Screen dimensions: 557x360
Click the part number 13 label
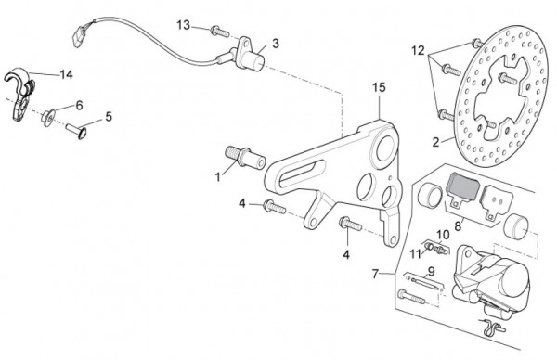(x=184, y=26)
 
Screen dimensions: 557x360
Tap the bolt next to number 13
(x=220, y=32)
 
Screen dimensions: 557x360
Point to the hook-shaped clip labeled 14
(x=19, y=93)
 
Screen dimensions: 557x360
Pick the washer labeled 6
(x=48, y=118)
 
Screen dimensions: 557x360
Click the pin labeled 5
(x=76, y=131)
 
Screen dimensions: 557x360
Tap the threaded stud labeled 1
(x=245, y=158)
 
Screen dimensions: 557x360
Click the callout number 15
(x=379, y=88)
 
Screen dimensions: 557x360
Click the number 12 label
(x=418, y=51)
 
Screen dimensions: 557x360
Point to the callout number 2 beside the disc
(x=436, y=142)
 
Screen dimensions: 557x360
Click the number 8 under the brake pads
(x=458, y=226)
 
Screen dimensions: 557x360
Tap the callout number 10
(x=443, y=235)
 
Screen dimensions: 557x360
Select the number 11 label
(x=415, y=254)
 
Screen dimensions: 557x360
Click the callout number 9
(x=431, y=272)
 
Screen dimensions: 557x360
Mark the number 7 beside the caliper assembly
(x=375, y=274)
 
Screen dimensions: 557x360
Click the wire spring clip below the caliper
(x=492, y=326)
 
